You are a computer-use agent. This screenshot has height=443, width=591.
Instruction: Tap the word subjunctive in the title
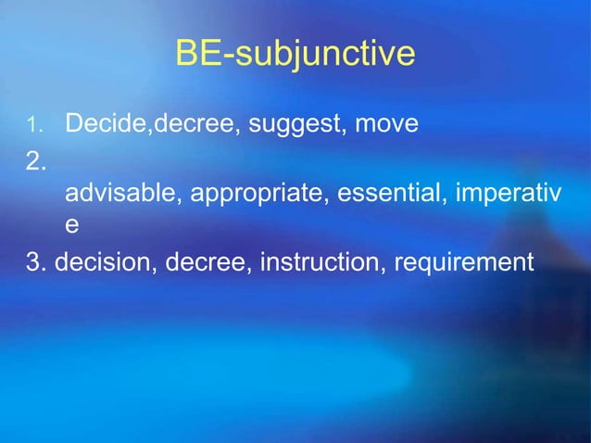click(324, 56)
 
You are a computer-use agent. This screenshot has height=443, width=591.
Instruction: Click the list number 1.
click(33, 124)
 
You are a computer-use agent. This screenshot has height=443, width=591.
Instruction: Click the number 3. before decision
click(37, 263)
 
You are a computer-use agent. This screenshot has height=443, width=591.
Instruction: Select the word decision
click(105, 263)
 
